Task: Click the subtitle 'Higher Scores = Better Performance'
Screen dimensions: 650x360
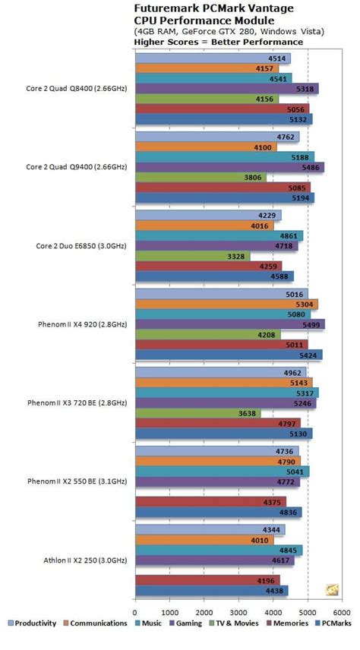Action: tap(219, 42)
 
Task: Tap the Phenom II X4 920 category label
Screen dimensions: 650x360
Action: tap(82, 324)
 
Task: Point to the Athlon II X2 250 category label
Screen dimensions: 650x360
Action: tap(85, 560)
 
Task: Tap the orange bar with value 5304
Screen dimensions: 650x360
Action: tap(226, 304)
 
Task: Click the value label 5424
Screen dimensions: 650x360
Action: tap(308, 354)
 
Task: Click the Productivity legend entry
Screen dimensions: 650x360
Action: tap(33, 623)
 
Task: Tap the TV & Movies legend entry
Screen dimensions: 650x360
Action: tap(228, 623)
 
